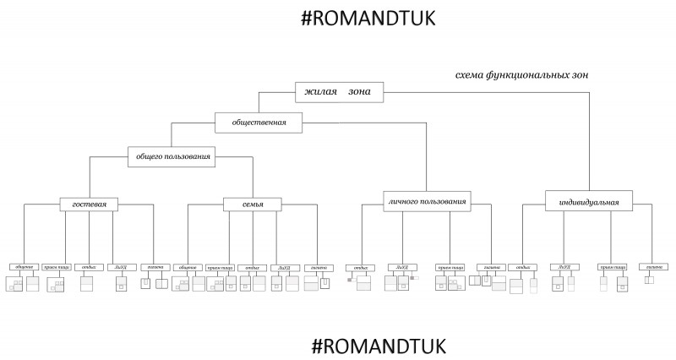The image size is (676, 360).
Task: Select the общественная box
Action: click(259, 123)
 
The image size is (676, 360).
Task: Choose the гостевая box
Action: click(89, 204)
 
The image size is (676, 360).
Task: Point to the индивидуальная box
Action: click(589, 203)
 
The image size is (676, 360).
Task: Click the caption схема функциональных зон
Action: click(521, 75)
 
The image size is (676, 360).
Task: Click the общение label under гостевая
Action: click(23, 267)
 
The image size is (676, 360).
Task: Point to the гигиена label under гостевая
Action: click(153, 267)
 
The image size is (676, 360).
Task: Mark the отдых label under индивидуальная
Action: click(522, 268)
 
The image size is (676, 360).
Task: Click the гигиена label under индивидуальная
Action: click(651, 268)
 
